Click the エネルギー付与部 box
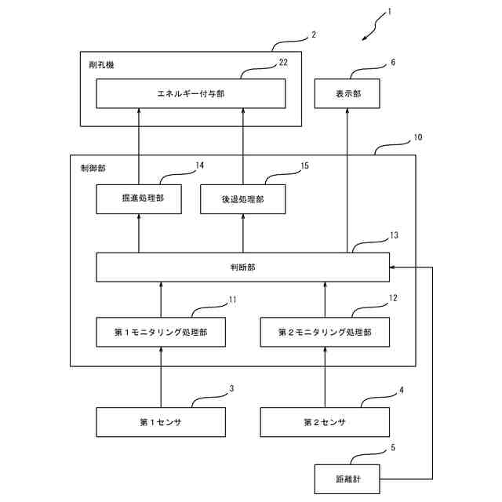point(191,94)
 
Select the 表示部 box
point(348,94)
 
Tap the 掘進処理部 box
point(138,199)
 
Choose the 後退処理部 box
point(242,199)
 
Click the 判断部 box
point(242,267)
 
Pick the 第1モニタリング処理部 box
point(160,333)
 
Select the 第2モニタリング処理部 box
point(325,333)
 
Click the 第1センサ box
point(160,422)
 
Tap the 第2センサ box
point(325,422)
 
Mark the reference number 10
point(417,136)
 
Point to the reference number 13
point(394,235)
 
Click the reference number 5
point(393,448)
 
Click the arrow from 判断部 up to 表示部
point(348,180)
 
